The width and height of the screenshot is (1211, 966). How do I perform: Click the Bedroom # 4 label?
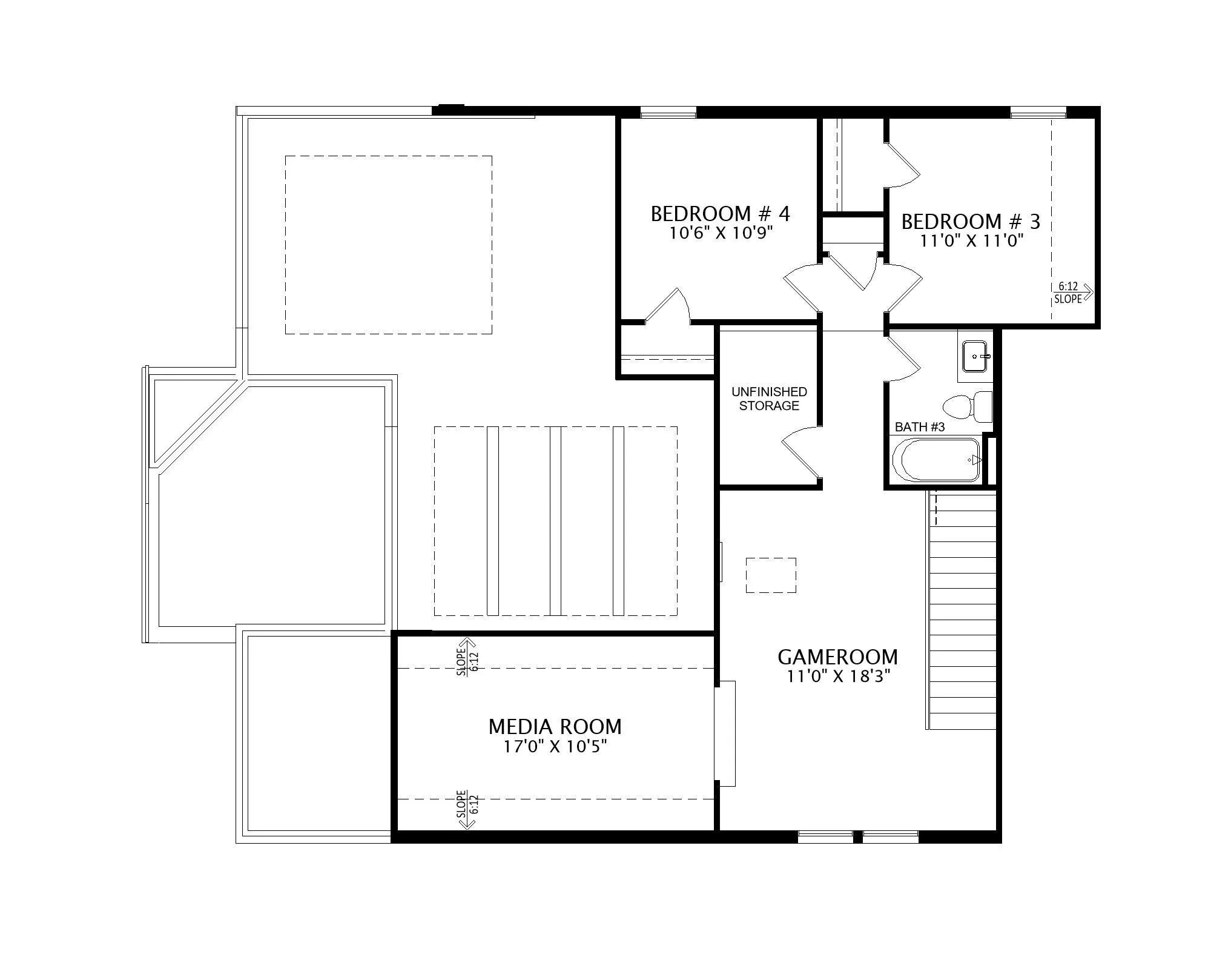tap(720, 214)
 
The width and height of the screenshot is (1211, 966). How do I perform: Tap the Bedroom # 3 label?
tap(971, 222)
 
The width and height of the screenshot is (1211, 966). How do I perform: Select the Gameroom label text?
tap(837, 657)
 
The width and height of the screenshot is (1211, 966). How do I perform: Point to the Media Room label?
tap(555, 726)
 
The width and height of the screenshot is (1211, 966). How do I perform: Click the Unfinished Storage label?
tap(769, 399)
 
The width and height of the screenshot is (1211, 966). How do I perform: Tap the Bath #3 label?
tap(920, 427)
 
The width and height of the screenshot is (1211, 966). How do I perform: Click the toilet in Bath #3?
tap(968, 406)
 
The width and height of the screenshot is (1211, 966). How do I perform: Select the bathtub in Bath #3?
tap(936, 460)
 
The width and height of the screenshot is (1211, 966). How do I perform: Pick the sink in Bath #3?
tap(975, 356)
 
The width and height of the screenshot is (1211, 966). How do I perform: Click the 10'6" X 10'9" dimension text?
tap(721, 233)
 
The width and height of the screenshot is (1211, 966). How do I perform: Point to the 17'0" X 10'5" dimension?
tap(555, 747)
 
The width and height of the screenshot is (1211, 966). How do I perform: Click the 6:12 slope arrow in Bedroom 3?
tap(1073, 293)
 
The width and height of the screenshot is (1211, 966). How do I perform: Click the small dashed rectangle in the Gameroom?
tap(771, 575)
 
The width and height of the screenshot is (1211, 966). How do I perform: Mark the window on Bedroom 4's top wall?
tap(668, 112)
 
